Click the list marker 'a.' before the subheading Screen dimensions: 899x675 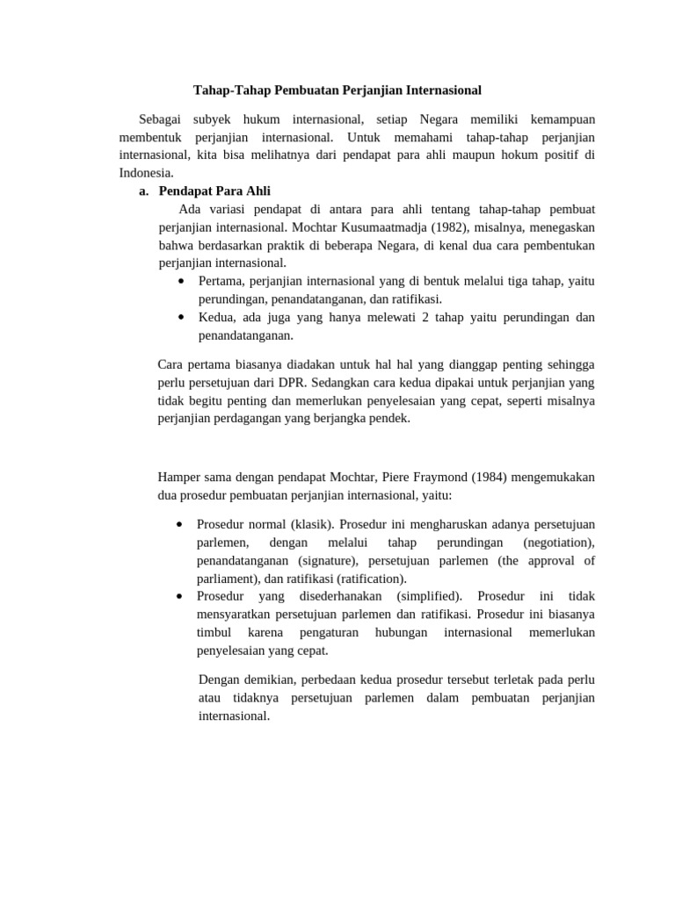coord(144,191)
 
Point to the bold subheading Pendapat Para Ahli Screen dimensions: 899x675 coord(214,191)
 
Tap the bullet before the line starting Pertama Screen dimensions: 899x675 coord(180,281)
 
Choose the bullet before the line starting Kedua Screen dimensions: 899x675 coord(180,317)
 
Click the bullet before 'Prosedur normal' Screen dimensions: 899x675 coord(179,524)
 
